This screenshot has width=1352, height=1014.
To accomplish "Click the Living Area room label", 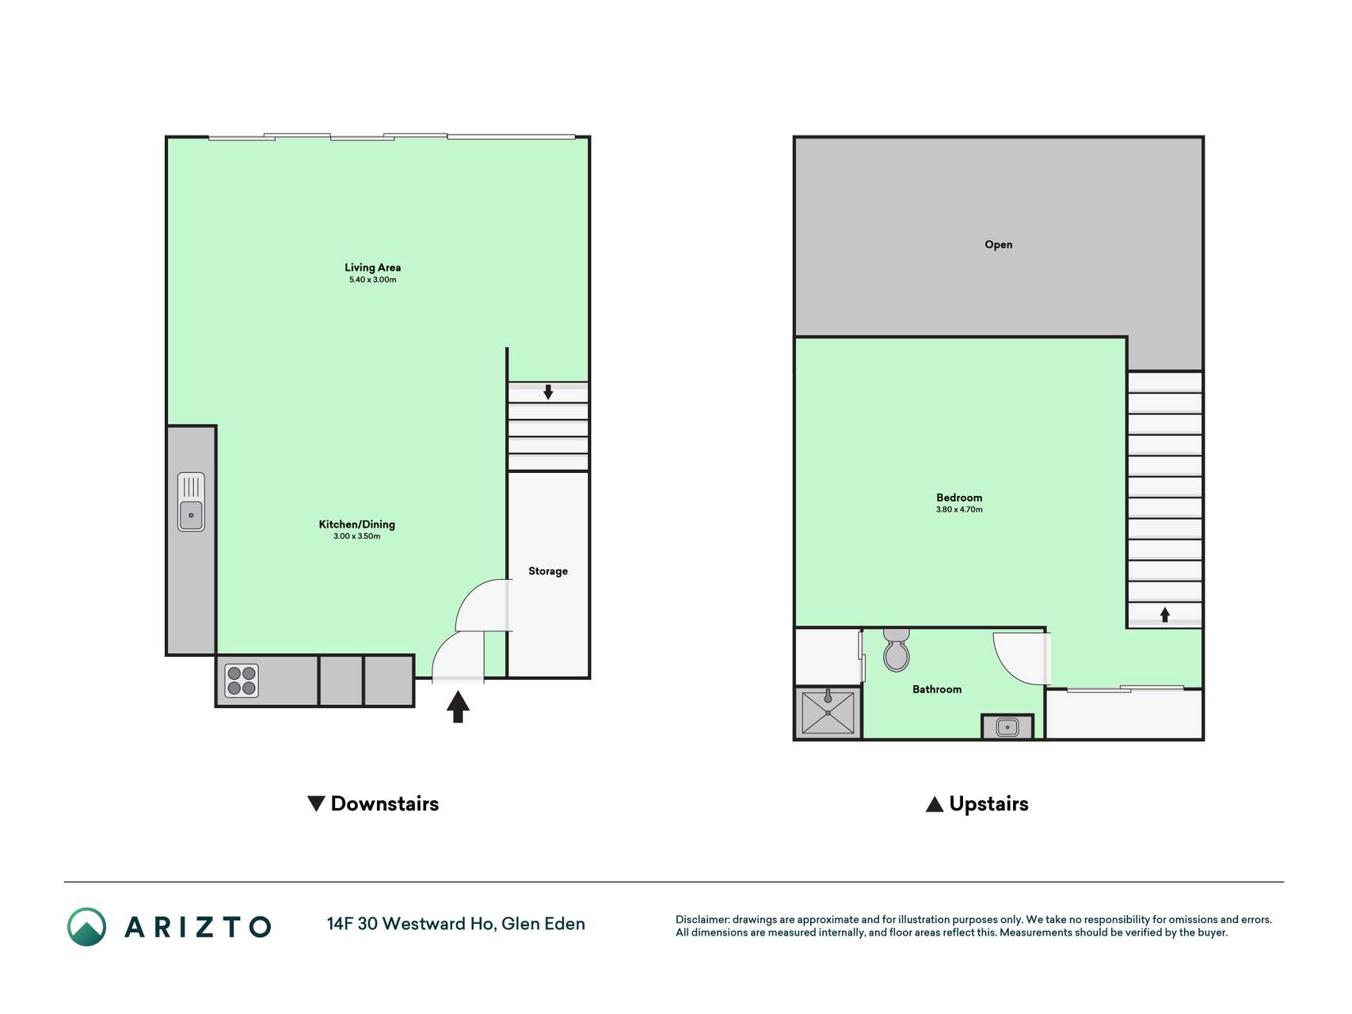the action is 372,268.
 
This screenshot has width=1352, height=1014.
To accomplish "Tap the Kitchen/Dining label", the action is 356,524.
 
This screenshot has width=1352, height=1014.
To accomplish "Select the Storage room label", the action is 548,571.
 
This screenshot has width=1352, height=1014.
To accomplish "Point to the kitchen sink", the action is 191,501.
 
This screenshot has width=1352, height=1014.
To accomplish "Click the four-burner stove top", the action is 242,680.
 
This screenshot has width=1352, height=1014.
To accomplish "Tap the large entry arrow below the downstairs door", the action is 458,707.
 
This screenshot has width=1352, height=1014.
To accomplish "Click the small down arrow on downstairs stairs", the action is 548,391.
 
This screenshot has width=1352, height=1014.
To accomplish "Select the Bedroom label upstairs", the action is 959,498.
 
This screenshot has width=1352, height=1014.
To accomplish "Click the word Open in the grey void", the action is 998,245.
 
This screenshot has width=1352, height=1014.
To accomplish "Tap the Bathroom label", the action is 937,689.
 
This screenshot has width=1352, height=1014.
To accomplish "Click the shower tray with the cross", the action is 828,712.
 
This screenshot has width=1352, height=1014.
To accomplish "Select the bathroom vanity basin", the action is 1007,726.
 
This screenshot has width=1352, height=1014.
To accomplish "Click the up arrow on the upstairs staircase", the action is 1165,615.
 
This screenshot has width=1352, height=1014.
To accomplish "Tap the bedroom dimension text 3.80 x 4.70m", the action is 959,509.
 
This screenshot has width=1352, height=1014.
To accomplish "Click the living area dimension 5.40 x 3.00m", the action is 372,280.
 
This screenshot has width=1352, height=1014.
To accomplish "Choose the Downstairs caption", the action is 373,804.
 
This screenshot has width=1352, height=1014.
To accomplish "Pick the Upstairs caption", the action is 977,804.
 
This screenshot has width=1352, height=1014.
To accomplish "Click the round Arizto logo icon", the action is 87,927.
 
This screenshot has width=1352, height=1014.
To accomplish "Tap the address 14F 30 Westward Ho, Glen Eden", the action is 456,924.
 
